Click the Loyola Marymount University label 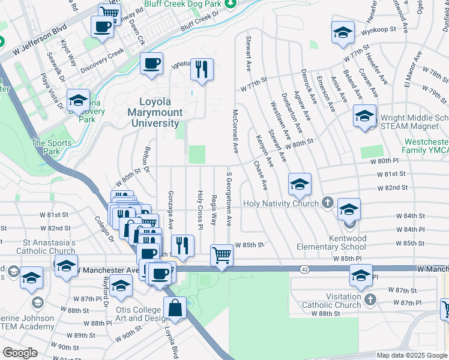[155, 112]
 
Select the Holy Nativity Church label [280, 203]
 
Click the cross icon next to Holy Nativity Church [327, 203]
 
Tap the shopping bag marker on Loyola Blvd [174, 310]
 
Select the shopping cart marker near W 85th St [221, 256]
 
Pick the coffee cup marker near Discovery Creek [151, 64]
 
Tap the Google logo [20, 353]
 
